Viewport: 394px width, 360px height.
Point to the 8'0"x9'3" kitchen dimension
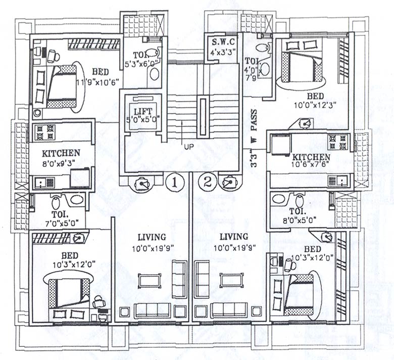(61, 163)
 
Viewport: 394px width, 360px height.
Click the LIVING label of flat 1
(152, 237)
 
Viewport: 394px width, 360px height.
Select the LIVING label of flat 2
(230, 237)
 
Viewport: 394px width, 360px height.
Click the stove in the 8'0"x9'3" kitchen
(44, 132)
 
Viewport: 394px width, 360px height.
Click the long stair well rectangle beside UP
(204, 116)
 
